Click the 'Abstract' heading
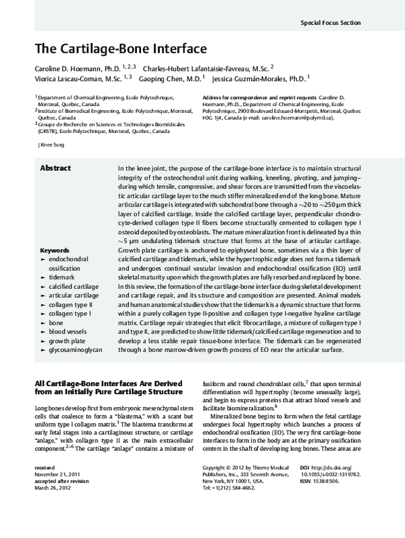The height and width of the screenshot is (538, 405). (55, 167)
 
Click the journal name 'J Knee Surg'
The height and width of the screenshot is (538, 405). (55, 145)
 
